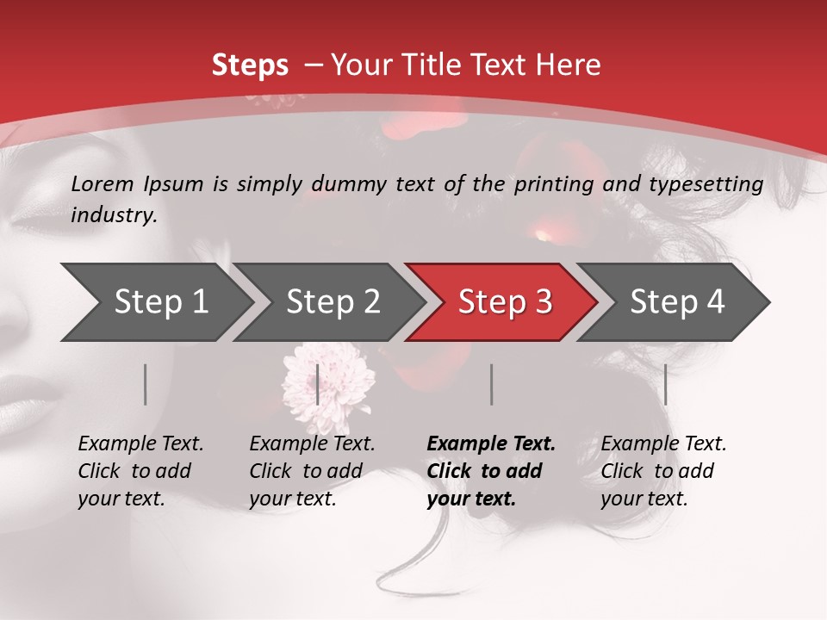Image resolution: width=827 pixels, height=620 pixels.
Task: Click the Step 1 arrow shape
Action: click(x=159, y=302)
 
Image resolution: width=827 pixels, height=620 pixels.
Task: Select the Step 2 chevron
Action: click(x=333, y=302)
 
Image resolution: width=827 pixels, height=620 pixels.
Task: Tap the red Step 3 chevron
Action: click(x=504, y=302)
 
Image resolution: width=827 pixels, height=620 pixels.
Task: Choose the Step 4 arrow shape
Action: click(x=677, y=302)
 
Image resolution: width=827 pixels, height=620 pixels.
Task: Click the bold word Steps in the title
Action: click(x=250, y=65)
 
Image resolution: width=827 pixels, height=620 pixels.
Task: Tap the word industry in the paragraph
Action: click(x=114, y=214)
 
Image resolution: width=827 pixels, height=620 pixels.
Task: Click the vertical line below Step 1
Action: click(x=146, y=384)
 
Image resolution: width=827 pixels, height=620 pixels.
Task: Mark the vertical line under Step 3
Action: click(x=491, y=384)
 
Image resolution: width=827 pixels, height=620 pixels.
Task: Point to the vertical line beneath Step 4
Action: click(x=665, y=384)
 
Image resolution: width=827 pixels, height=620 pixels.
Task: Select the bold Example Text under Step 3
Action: click(x=491, y=444)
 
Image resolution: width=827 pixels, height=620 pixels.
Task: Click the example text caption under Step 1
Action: click(x=140, y=471)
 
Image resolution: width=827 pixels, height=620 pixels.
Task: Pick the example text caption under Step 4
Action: click(x=663, y=471)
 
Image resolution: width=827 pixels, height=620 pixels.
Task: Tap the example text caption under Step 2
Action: click(x=312, y=471)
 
